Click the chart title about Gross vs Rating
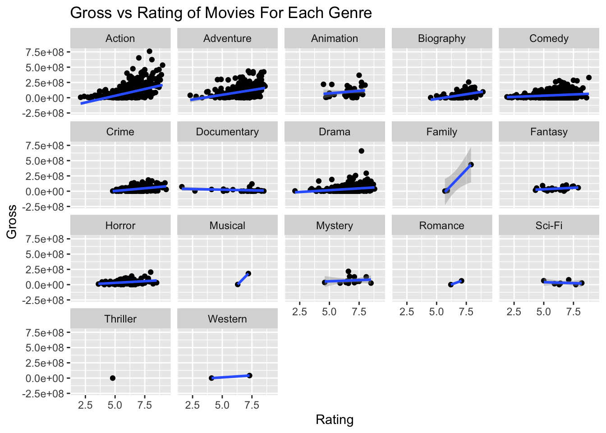click(x=221, y=13)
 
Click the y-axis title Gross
click(x=12, y=221)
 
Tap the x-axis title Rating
click(x=335, y=420)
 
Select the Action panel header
click(x=120, y=38)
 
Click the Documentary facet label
click(x=227, y=132)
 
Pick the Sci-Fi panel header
click(x=549, y=226)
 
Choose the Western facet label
click(x=227, y=319)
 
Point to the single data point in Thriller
click(x=113, y=378)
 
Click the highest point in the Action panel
click(x=150, y=51)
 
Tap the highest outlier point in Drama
click(x=361, y=151)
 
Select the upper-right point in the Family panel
click(x=471, y=165)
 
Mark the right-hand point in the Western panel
click(x=250, y=375)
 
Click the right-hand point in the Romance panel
click(x=462, y=281)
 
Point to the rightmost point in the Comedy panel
click(x=589, y=78)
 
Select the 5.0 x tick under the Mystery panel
click(x=329, y=312)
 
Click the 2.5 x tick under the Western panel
click(x=193, y=405)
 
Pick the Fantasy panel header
click(x=549, y=132)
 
